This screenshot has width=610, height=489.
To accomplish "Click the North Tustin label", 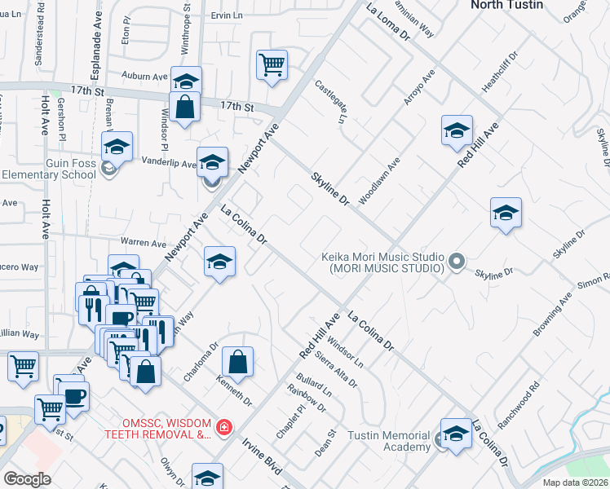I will click(505, 5).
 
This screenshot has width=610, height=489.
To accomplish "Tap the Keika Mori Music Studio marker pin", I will click(457, 262).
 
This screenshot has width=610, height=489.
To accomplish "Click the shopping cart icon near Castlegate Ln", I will click(271, 64).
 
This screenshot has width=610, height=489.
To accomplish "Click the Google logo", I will click(27, 478).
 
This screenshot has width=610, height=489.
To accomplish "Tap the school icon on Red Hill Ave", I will click(457, 130).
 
